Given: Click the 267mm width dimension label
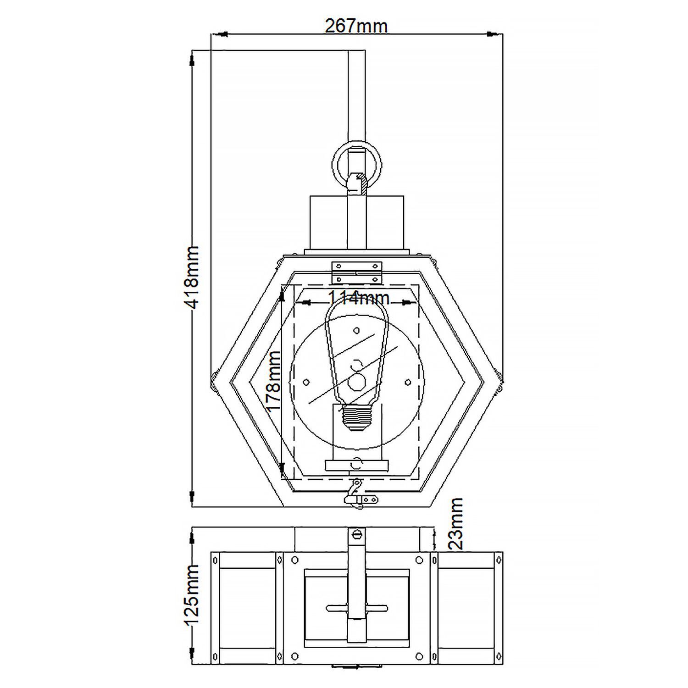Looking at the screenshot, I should point(356,26).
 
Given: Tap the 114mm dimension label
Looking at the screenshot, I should point(358,299).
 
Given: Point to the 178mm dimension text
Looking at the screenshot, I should point(273,382).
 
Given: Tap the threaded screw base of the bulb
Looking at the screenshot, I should point(356,418).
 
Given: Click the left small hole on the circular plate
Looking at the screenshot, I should point(306,382).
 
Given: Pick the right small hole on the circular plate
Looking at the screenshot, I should point(408,382).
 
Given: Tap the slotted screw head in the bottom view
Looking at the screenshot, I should point(357,534).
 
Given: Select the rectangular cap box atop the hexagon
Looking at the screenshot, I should point(357,222).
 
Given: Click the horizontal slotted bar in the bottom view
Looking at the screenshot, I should point(357,609).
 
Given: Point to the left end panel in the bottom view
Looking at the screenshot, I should point(248,608).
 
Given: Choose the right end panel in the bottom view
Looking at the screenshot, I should point(466,608).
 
